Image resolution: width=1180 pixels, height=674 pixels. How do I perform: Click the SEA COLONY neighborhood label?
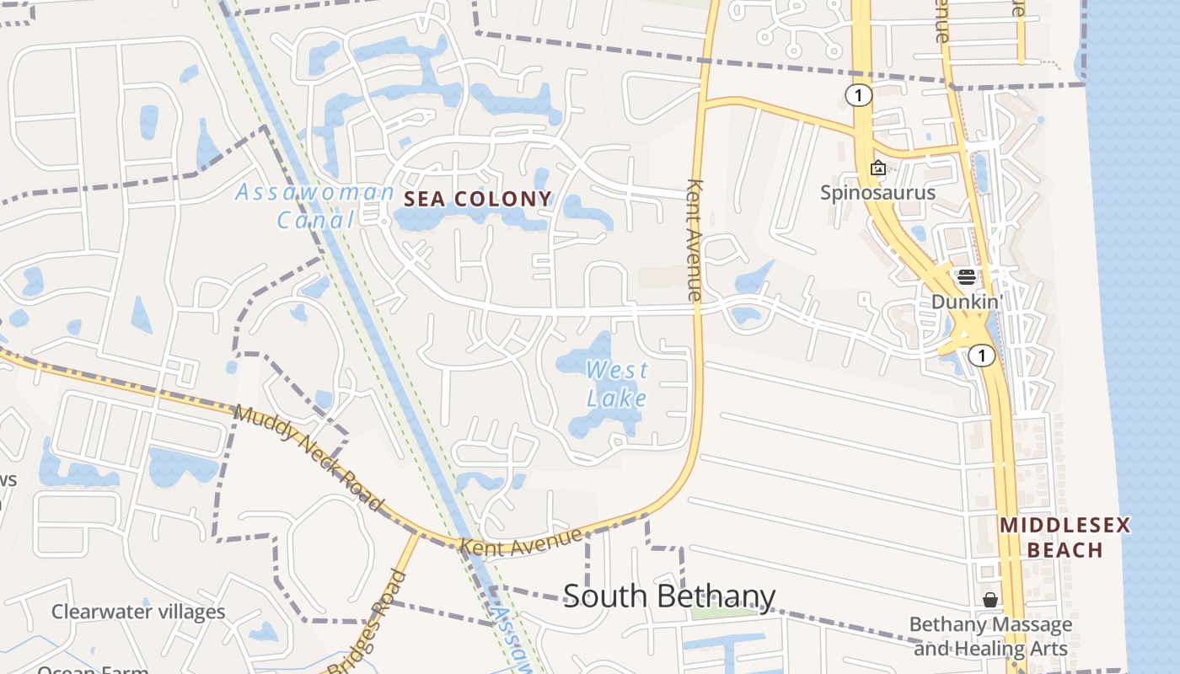(x=478, y=200)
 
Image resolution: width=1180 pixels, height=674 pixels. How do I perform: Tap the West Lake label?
(x=617, y=383)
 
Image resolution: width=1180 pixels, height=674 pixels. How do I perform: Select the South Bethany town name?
(x=668, y=596)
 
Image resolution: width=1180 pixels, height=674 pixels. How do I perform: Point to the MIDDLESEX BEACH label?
(x=1065, y=538)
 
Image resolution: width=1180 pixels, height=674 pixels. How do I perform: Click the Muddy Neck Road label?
(x=308, y=458)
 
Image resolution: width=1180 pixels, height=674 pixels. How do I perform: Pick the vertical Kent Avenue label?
(x=695, y=239)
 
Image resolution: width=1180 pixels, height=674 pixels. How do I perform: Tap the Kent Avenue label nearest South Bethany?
(x=521, y=541)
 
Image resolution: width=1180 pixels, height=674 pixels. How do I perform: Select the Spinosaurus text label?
(x=878, y=193)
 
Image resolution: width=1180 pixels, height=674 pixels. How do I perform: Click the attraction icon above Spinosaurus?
(x=877, y=168)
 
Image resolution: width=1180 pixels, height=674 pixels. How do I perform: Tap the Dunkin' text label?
(x=966, y=301)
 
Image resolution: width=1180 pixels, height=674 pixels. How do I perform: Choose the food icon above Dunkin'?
(x=966, y=276)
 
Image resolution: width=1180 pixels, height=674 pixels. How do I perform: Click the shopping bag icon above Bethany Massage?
(x=990, y=600)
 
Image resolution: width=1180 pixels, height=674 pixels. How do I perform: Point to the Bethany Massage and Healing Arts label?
(x=990, y=637)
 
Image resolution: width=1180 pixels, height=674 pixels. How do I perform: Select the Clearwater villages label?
(x=138, y=612)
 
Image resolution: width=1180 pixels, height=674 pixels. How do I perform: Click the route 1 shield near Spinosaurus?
(x=858, y=95)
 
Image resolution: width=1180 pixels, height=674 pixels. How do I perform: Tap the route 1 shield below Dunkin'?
(x=981, y=356)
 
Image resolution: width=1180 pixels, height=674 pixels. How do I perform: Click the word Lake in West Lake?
(x=617, y=398)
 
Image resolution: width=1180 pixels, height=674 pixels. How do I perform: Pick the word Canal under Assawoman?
(x=316, y=221)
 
